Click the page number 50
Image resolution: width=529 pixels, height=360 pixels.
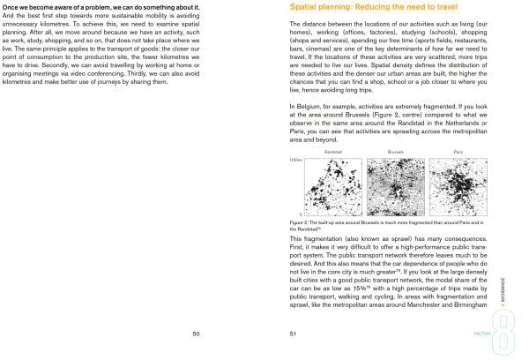click(196, 334)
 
